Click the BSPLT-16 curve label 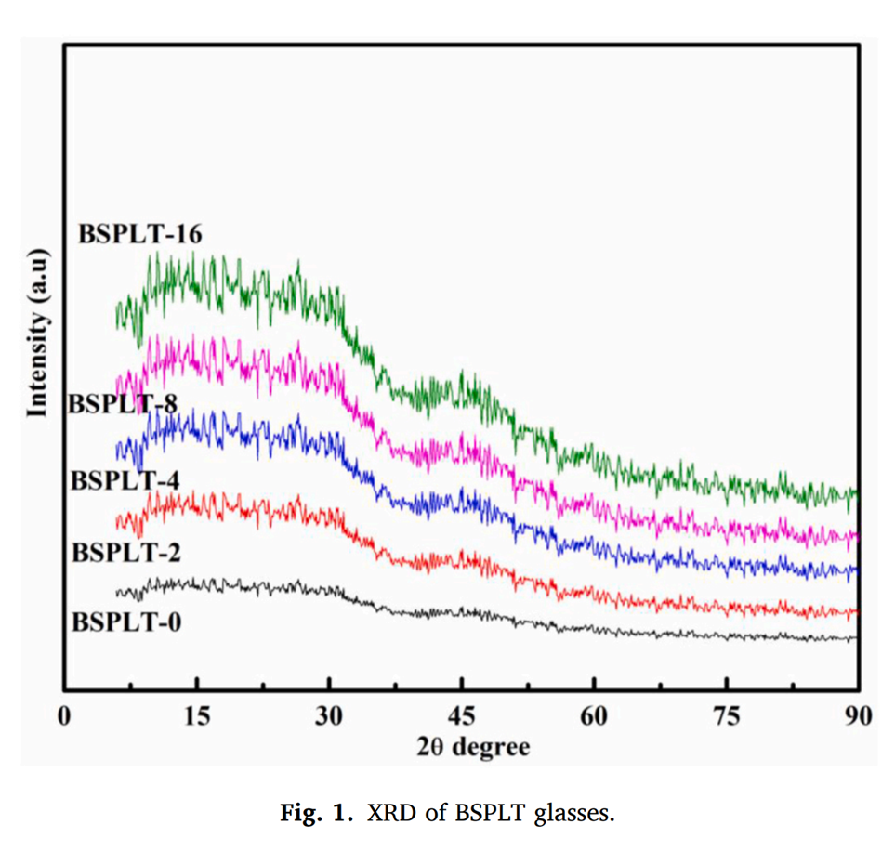point(140,233)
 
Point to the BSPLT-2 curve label point(126,552)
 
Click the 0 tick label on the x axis point(63,717)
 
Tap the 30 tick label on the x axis point(329,717)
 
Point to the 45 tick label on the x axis point(461,717)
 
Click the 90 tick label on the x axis point(858,717)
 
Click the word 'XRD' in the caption point(383,814)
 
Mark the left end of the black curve point(117,593)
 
